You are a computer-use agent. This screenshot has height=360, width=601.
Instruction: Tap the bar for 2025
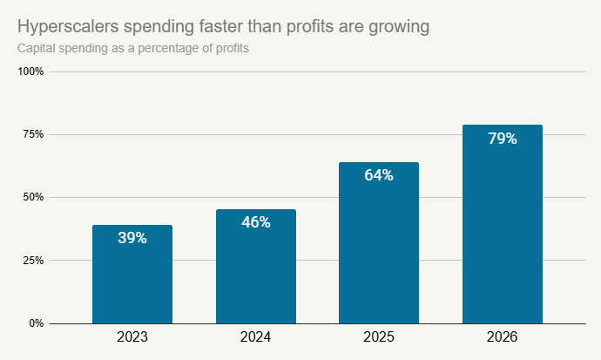click(379, 253)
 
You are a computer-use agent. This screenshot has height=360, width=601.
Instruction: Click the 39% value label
click(132, 238)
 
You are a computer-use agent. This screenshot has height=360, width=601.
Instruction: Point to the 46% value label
click(256, 222)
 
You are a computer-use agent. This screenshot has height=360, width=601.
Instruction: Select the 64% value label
click(379, 175)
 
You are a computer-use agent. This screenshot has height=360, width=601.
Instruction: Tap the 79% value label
click(503, 138)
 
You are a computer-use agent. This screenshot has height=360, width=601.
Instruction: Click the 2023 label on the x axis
click(132, 336)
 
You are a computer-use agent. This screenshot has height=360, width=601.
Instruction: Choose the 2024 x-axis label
click(256, 336)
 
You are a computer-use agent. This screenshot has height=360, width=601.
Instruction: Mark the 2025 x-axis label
click(379, 336)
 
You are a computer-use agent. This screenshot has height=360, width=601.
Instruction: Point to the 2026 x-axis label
click(503, 336)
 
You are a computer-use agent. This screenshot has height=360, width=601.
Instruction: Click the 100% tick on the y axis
click(31, 71)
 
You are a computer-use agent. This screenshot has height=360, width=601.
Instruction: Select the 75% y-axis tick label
click(34, 134)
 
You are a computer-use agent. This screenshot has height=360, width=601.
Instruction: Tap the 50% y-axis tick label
click(34, 197)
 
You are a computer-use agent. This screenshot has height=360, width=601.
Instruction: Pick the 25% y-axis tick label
click(34, 261)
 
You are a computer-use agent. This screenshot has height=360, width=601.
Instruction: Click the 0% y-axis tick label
click(37, 323)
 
